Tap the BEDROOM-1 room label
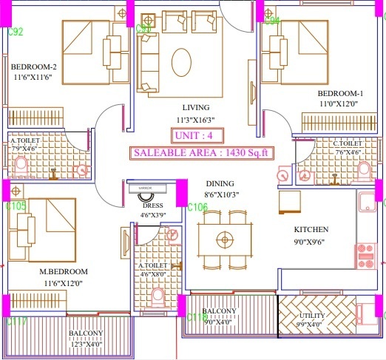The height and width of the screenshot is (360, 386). (340, 93)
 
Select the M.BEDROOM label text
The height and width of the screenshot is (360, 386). (64, 271)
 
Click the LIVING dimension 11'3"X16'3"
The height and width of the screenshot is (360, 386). (195, 119)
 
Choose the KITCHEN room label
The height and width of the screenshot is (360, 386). (311, 229)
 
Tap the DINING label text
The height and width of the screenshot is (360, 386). (220, 183)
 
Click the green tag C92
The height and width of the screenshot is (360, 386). (15, 32)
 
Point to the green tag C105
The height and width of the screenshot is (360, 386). (16, 206)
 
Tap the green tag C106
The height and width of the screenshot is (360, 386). (197, 207)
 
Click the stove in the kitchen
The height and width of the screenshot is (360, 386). (365, 256)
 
